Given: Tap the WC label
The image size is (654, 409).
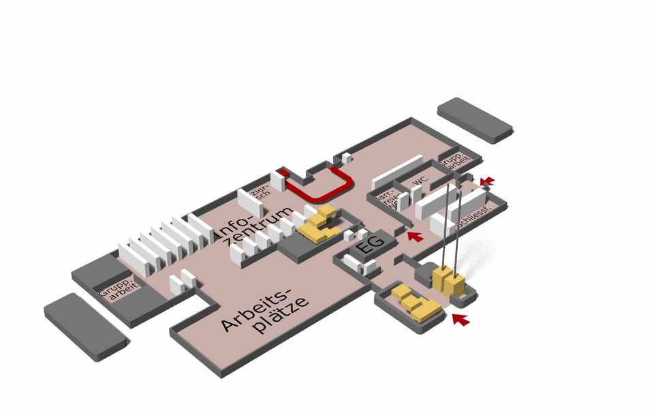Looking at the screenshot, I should [420, 181].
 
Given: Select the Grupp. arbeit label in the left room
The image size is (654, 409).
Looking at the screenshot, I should [119, 293].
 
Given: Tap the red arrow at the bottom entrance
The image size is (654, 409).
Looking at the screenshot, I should [461, 319].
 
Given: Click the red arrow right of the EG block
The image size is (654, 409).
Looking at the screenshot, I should [415, 236].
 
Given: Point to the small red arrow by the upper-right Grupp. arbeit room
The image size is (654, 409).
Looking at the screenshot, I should [487, 181].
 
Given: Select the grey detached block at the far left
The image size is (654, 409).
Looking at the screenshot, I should [86, 327].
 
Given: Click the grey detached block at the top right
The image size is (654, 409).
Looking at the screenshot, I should [475, 120].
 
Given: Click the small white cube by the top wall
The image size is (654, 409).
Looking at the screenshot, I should [347, 158].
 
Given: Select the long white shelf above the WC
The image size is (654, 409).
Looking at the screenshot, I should [398, 173].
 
